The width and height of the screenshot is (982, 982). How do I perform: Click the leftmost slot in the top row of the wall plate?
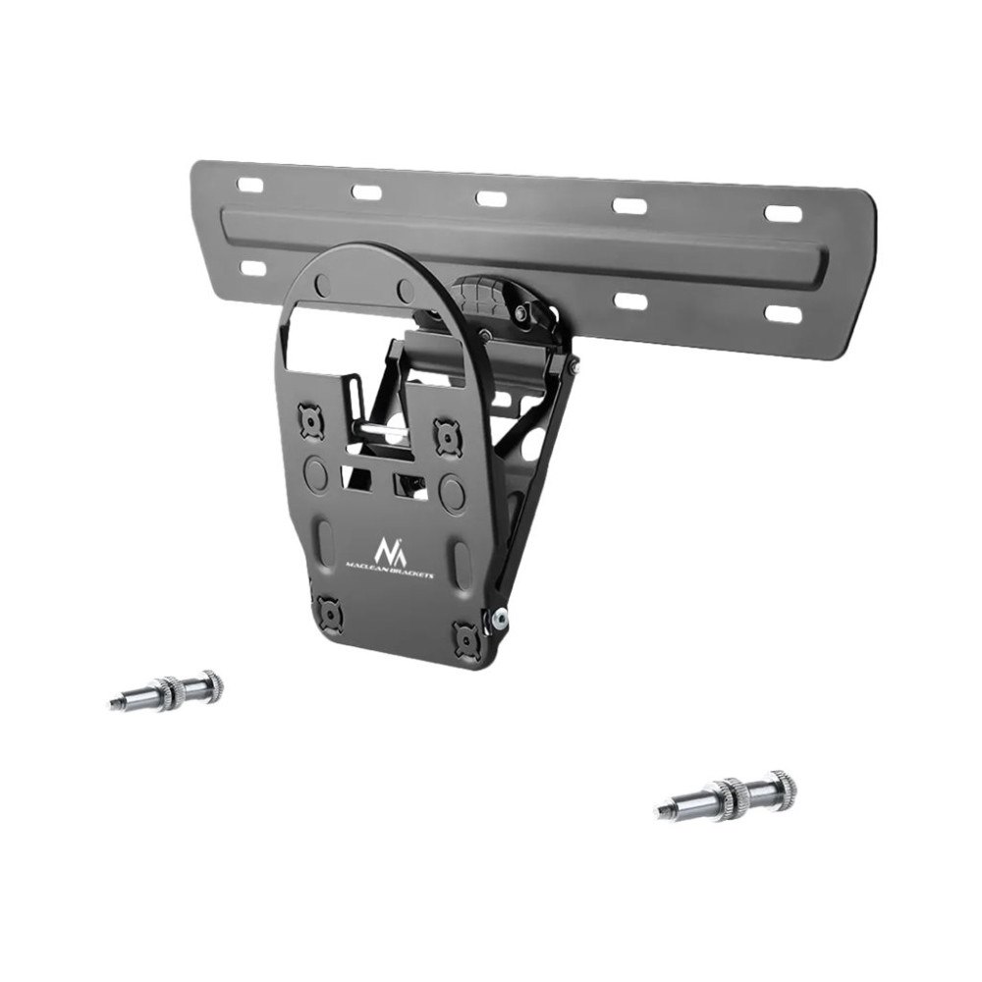249,186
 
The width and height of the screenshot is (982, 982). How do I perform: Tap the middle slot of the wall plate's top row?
491,198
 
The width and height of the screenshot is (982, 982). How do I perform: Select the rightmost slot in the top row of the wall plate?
783,213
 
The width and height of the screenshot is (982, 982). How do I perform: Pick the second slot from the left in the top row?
366,191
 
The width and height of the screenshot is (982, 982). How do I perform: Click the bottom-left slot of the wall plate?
253,268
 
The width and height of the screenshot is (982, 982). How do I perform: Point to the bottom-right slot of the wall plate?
784,314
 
